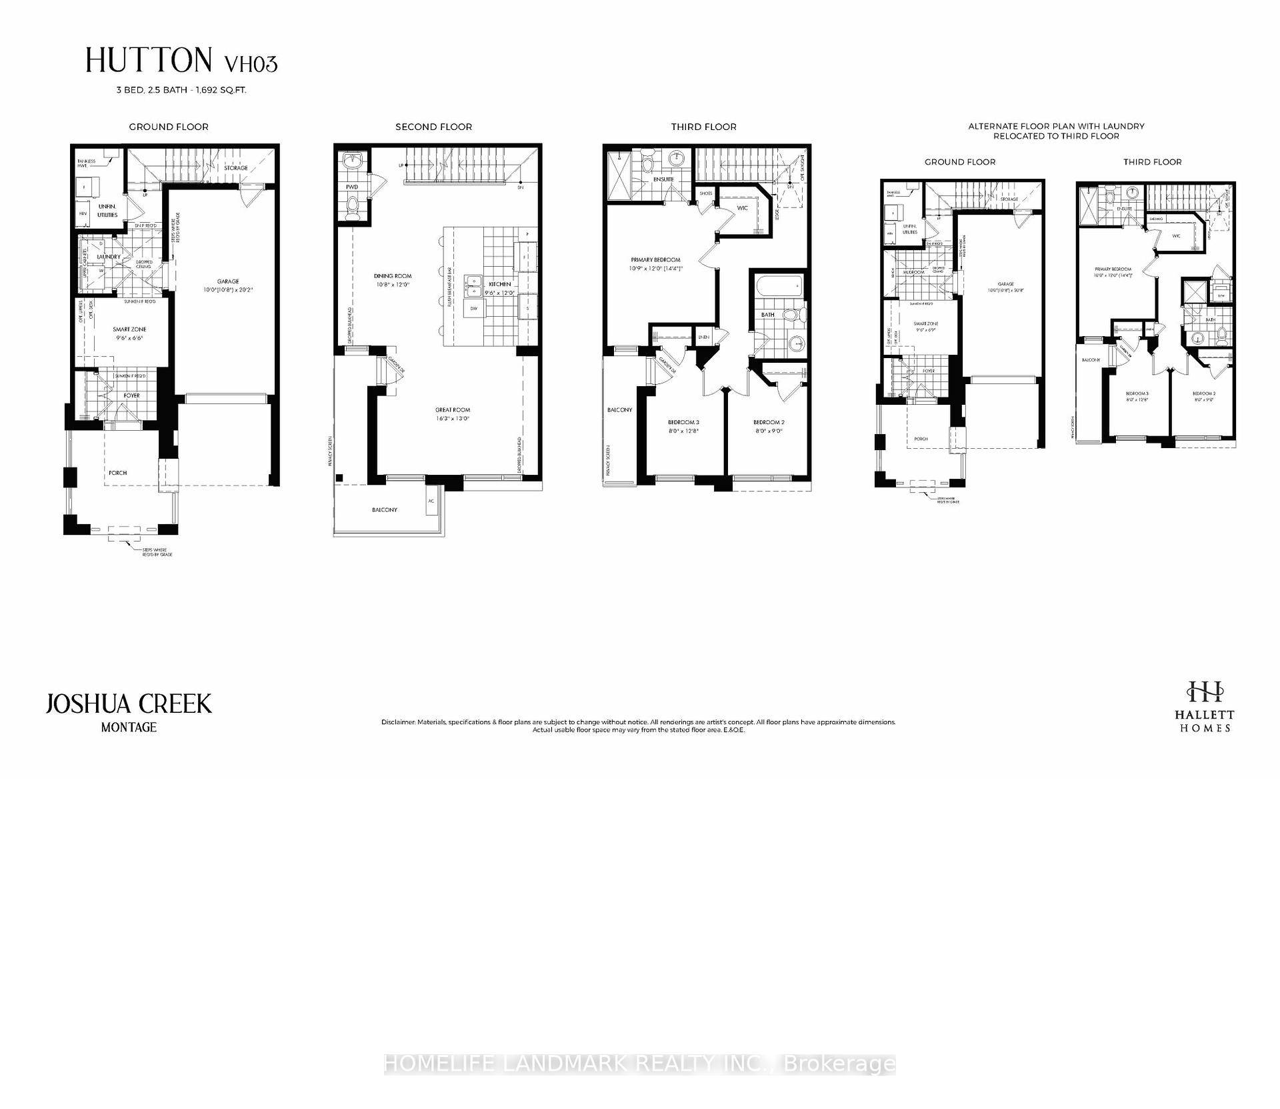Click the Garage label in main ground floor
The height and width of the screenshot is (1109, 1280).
227,281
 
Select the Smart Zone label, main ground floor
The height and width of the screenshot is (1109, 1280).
129,329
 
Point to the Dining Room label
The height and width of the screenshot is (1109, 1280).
393,276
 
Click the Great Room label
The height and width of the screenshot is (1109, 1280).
453,410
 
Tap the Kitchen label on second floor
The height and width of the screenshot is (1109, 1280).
499,284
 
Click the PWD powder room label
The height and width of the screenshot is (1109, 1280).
352,187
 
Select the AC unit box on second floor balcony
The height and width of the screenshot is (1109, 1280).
431,501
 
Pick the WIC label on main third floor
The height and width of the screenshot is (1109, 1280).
743,208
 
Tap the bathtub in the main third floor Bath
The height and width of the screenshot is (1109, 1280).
779,288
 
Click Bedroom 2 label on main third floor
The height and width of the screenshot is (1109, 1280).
769,422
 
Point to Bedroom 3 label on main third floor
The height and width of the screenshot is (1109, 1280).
683,422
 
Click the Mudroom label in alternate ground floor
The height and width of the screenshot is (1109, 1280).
913,272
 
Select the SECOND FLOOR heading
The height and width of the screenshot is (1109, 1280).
433,127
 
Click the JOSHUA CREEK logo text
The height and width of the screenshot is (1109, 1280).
129,704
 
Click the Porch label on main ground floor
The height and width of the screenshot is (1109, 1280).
118,473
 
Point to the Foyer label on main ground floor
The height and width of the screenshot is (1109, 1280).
131,395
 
